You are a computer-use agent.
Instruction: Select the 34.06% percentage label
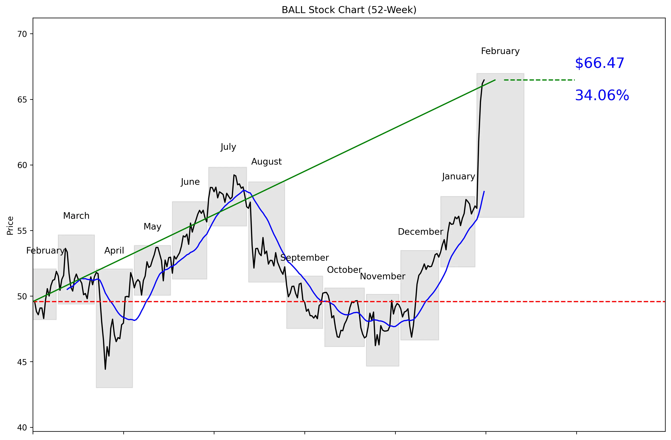(x=602, y=95)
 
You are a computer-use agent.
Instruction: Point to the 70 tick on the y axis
(x=22, y=34)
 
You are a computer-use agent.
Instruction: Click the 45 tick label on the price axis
(x=22, y=362)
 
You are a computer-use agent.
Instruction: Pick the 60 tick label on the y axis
(x=22, y=165)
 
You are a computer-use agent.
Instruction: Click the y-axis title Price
(x=10, y=226)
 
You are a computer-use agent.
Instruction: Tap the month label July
(x=228, y=147)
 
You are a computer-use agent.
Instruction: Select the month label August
(x=266, y=162)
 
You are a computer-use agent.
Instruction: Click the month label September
(x=304, y=258)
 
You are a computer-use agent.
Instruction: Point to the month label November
(x=383, y=276)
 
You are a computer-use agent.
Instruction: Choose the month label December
(x=420, y=232)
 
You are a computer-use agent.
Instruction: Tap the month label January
(x=458, y=177)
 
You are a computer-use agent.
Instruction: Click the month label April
(x=114, y=251)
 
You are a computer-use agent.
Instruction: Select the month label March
(x=76, y=216)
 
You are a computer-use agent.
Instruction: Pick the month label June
(x=190, y=182)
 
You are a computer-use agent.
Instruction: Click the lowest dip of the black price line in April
(x=105, y=369)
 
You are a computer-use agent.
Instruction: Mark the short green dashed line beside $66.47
(x=539, y=80)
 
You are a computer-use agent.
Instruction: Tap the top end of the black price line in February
(x=484, y=80)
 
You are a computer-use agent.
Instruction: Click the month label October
(x=344, y=270)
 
